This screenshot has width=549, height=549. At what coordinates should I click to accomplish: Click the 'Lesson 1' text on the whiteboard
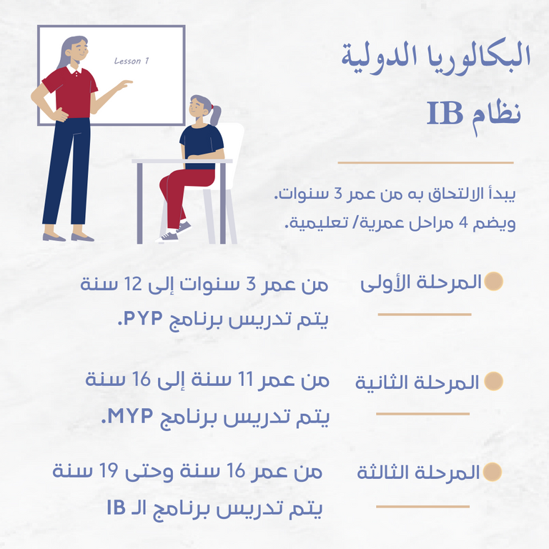(132, 61)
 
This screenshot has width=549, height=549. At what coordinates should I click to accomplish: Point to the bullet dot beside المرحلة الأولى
(493, 282)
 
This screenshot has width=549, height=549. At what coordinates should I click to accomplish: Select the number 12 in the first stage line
(139, 285)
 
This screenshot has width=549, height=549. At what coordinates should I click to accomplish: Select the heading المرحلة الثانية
(417, 382)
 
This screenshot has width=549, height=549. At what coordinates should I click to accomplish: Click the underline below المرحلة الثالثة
(422, 506)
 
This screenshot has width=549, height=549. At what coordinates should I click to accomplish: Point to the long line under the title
(425, 163)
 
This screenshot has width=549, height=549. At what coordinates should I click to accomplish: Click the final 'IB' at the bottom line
(117, 508)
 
